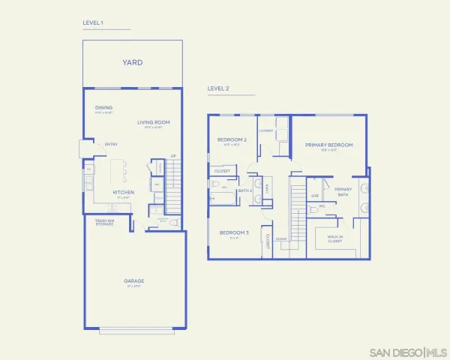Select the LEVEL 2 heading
pos(217,88)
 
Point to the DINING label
pos(103,108)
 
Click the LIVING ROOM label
pos(153,121)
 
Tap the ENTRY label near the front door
pos(111,144)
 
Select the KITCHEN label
pos(124,192)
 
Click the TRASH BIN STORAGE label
pos(103,222)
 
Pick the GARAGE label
pos(134,281)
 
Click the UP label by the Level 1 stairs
pos(173,156)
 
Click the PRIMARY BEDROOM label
pos(328,145)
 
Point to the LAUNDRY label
pos(265,130)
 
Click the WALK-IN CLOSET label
pos(334,239)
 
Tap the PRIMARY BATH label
pos(343,191)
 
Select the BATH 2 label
pos(245,190)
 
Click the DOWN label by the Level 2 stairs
pos(281,239)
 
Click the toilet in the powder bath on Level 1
pos(173,223)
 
